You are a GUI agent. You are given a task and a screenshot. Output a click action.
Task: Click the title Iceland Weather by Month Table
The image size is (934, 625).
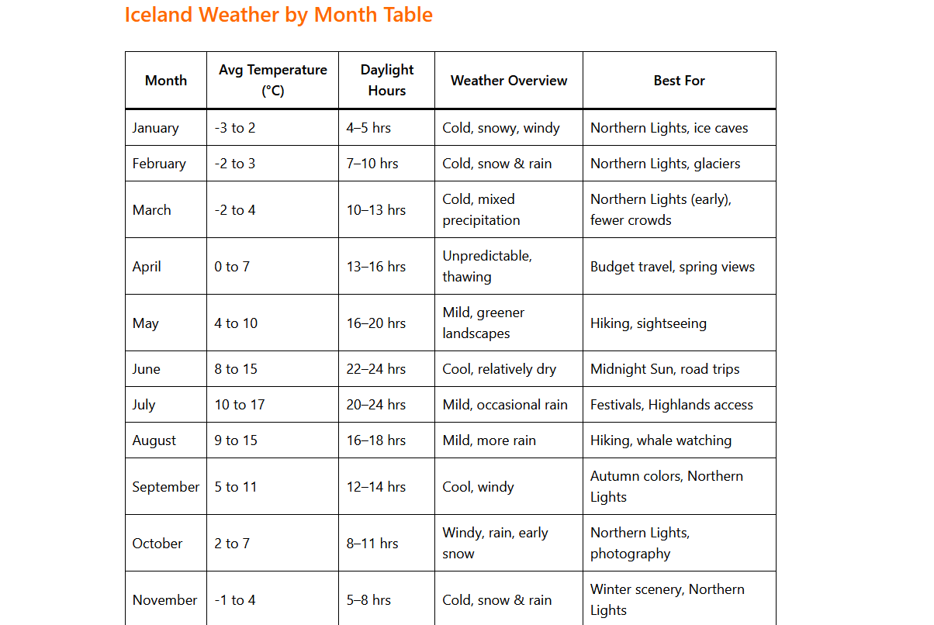coord(278,15)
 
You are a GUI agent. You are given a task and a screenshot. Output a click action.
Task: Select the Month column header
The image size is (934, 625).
coord(166,81)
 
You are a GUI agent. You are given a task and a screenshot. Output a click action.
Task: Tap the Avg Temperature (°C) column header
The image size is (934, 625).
coord(272,81)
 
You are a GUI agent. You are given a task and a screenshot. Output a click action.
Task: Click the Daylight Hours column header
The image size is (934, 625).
coord(386,81)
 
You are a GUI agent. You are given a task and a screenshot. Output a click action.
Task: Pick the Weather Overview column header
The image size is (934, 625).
coord(509,81)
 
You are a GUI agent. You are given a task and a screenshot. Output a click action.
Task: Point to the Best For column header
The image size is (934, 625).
coord(679,81)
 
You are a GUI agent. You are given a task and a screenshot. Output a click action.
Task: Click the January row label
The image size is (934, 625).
coord(156,128)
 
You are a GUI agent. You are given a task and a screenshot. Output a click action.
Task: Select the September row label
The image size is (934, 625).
coord(166,487)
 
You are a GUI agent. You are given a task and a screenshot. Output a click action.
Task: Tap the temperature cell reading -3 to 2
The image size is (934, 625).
coord(235,128)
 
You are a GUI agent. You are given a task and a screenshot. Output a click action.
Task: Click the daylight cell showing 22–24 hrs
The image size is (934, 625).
coord(376,369)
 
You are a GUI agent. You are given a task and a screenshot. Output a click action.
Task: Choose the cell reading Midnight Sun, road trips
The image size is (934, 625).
coord(665,369)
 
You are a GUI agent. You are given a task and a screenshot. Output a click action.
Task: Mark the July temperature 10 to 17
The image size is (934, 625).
coord(240,405)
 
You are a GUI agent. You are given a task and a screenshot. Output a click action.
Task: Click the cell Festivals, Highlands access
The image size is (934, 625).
coord(672,405)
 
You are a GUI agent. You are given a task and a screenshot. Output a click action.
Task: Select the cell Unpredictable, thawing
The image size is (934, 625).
coord(487,266)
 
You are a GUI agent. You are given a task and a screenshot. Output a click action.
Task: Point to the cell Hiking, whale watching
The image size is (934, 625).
coord(661,440)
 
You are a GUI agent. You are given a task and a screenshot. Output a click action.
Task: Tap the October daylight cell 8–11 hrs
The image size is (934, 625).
coord(372,544)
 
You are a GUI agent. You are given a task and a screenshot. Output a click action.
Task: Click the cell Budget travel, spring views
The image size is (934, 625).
coord(673,267)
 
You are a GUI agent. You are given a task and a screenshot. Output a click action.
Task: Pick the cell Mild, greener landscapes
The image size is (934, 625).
coord(483,323)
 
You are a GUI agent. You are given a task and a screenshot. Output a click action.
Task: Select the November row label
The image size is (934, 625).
coord(165,600)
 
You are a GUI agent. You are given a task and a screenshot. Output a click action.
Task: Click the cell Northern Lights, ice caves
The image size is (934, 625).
coord(669,128)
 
